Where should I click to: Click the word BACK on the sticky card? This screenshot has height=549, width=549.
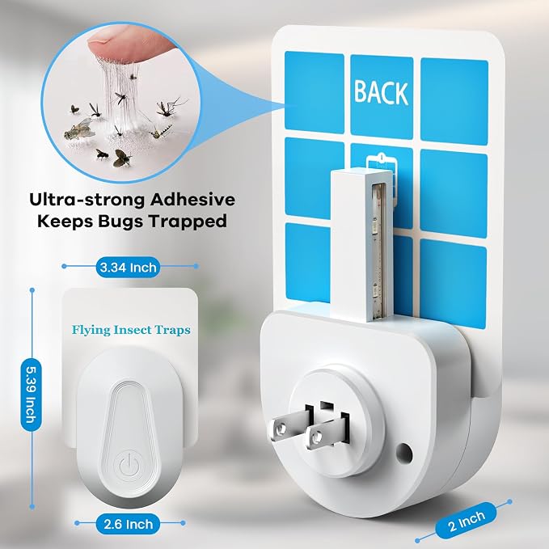[x=381, y=92]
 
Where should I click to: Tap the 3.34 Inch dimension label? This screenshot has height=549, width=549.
[x=128, y=268]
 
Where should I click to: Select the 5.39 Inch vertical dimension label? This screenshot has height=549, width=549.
[x=32, y=395]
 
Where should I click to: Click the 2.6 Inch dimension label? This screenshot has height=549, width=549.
[x=128, y=524]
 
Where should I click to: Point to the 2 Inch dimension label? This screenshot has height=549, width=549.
[x=467, y=522]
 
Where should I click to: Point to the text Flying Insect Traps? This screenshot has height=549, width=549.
[x=131, y=330]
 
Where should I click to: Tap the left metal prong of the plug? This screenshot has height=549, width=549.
[x=288, y=424]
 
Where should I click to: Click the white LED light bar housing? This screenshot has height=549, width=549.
[x=361, y=245]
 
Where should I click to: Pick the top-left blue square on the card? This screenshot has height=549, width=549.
[x=314, y=93]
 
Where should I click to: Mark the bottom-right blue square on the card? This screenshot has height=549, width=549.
[x=452, y=284]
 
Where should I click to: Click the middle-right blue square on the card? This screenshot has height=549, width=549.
[x=454, y=193]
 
